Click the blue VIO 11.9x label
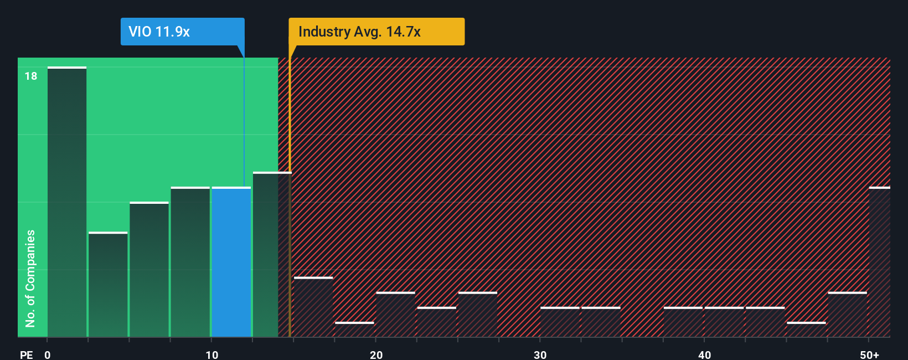click(x=182, y=32)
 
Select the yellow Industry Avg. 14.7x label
click(x=376, y=32)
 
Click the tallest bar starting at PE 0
click(x=67, y=202)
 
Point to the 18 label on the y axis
click(x=31, y=76)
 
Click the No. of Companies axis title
click(x=30, y=278)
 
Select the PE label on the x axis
click(x=26, y=354)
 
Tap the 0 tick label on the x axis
click(x=48, y=354)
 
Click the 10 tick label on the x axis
click(x=211, y=354)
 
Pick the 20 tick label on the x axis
click(x=376, y=354)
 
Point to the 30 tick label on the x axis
click(x=540, y=354)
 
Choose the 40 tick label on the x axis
click(x=704, y=354)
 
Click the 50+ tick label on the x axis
click(x=869, y=354)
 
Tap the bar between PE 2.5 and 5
click(x=108, y=285)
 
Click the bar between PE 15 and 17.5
click(x=313, y=307)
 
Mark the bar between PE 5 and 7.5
click(x=149, y=270)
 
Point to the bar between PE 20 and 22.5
click(x=395, y=315)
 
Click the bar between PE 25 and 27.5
click(x=478, y=315)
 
